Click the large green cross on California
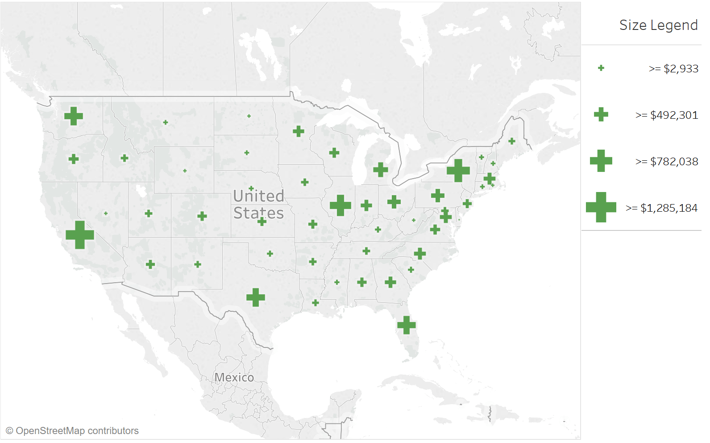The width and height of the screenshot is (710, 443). [x=80, y=234]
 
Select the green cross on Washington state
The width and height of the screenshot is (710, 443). [x=74, y=116]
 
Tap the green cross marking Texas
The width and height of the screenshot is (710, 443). [x=256, y=297]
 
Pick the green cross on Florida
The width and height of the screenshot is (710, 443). [x=407, y=325]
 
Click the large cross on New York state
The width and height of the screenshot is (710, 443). [x=458, y=170]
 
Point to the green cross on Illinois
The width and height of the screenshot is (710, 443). [x=340, y=205]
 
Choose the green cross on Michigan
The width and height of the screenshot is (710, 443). [x=381, y=170]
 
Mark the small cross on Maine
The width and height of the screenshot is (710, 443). [x=512, y=141]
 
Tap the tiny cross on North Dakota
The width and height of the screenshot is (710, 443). [x=249, y=116]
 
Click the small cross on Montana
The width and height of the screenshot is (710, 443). [x=166, y=122]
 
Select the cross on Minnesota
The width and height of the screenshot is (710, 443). [x=299, y=131]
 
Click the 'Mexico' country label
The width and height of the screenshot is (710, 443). [x=234, y=378]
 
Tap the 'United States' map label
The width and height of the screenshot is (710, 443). [x=258, y=205]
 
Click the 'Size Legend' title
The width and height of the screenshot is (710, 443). [x=658, y=25]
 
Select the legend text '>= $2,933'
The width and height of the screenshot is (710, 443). [x=673, y=69]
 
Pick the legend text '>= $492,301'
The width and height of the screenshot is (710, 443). [x=667, y=115]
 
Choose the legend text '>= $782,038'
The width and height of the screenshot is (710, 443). [x=667, y=162]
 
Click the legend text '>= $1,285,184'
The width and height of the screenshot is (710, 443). [x=661, y=208]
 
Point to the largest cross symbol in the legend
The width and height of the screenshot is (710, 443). [x=601, y=207]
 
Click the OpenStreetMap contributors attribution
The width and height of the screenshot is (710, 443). [x=72, y=431]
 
